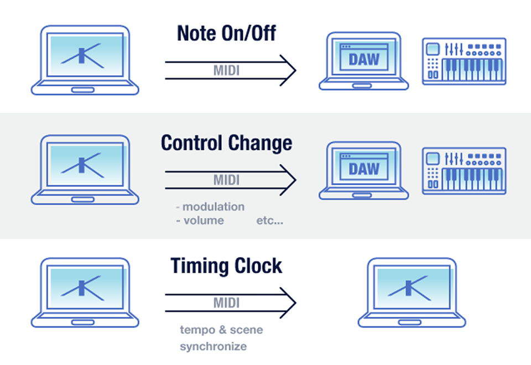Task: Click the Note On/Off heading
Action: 226,33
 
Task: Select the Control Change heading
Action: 226,143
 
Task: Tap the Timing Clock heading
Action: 226,265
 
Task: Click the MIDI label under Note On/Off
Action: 226,70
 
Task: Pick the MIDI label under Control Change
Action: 226,180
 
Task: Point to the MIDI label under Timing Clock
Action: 226,303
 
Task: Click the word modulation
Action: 214,206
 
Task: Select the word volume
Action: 204,221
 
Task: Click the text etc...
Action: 269,221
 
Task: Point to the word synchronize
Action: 214,346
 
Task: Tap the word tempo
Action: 197,330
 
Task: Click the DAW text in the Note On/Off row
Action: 364,60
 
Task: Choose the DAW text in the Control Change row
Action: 364,169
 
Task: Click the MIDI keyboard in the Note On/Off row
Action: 464,61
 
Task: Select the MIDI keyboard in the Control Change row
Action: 464,171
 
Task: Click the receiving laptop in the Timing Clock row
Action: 412,293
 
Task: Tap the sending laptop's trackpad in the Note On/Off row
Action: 83,90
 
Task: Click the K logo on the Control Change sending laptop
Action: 82,165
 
